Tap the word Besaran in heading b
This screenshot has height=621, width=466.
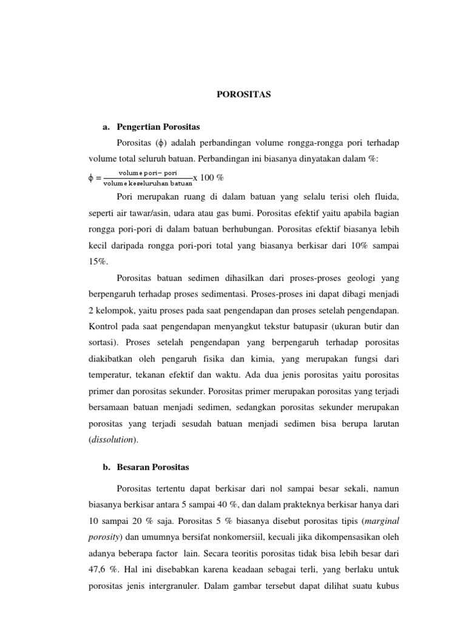click(x=141, y=468)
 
